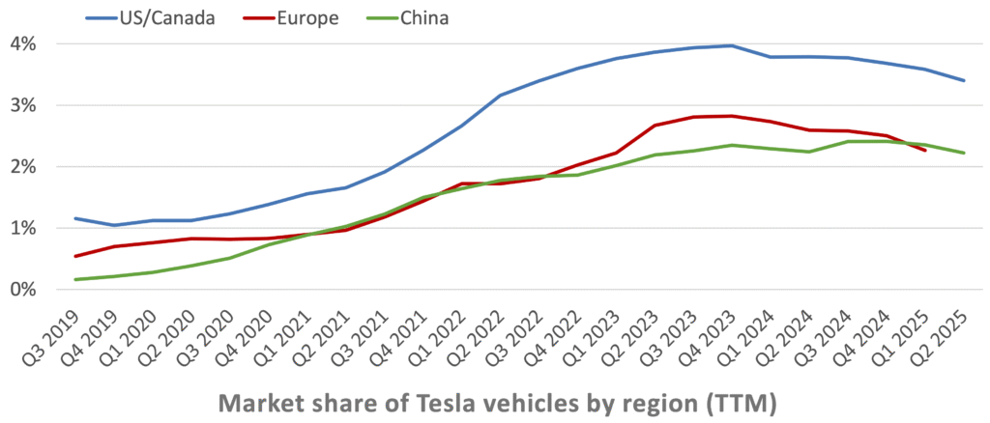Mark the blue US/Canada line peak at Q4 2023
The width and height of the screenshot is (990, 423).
[731, 45]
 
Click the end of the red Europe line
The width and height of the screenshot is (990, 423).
[924, 150]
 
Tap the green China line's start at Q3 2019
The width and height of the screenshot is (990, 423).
[75, 279]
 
